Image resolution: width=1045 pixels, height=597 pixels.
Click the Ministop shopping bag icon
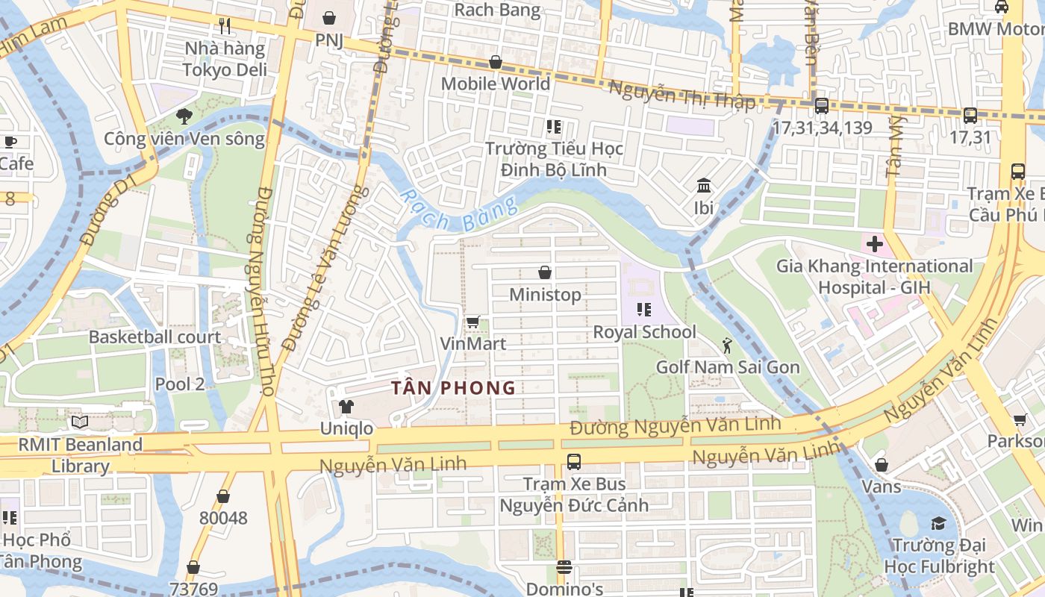tap(545, 272)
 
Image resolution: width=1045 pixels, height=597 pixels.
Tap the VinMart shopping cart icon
tap(472, 322)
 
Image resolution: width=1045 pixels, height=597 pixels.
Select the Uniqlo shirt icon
tap(346, 407)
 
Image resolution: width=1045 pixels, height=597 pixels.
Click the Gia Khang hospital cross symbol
tap(874, 243)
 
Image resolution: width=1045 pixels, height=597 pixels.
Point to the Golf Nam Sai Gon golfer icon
tap(727, 345)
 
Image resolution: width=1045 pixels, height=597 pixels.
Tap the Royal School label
tap(644, 332)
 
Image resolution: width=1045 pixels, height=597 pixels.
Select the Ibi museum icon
tap(703, 185)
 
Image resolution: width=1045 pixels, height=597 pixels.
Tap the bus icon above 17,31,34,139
tap(822, 106)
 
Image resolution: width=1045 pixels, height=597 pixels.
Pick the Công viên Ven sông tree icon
tap(184, 116)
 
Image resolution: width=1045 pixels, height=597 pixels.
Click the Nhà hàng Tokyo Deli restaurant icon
tap(225, 26)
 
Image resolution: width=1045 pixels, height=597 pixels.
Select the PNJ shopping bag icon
tap(329, 16)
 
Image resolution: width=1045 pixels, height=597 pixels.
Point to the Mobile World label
tap(495, 84)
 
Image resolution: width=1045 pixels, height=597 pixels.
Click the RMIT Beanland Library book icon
tap(80, 422)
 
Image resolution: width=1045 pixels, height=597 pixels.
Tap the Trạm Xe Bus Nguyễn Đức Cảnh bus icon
tap(573, 461)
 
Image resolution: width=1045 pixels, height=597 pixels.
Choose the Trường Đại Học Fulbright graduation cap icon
tap(938, 523)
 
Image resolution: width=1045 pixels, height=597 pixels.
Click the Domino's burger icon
tap(564, 567)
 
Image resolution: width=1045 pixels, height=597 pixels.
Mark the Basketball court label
tap(155, 337)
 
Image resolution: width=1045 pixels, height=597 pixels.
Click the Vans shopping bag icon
tap(881, 465)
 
